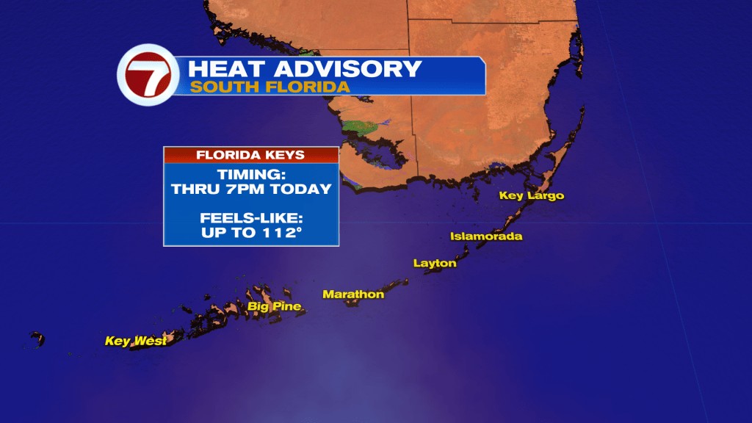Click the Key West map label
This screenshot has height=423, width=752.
click(x=135, y=341)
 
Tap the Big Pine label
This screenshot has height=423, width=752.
click(x=275, y=306)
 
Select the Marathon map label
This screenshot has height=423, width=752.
click(x=353, y=294)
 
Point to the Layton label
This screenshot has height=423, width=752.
click(x=435, y=263)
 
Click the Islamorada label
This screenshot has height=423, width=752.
click(x=486, y=236)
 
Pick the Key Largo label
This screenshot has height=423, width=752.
click(x=532, y=195)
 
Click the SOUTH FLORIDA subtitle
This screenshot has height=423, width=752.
click(x=270, y=87)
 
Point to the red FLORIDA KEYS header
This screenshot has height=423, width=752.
click(x=251, y=155)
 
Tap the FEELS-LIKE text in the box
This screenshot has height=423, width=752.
click(x=251, y=219)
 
